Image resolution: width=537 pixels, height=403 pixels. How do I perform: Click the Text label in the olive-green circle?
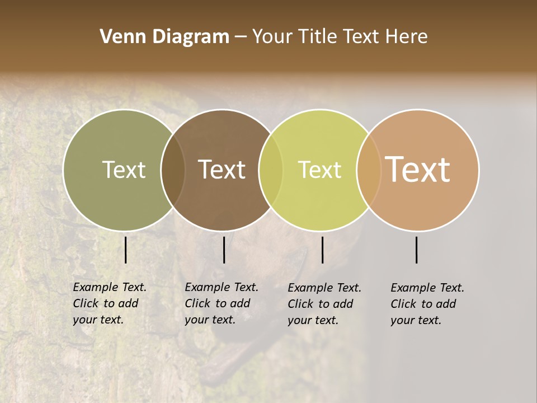[x=124, y=170]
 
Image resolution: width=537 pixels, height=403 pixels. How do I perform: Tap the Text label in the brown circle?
[x=222, y=170]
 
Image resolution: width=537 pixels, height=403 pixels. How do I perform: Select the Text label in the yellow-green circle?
[x=319, y=170]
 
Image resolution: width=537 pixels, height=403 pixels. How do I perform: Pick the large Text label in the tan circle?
[x=418, y=169]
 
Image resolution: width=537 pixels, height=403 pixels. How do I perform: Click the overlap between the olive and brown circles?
[x=173, y=170]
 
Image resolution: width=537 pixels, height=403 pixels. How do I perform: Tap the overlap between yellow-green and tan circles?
[x=369, y=170]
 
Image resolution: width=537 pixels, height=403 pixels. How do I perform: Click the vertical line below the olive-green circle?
[x=126, y=250]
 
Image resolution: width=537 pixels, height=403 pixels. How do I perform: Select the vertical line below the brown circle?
[x=224, y=250]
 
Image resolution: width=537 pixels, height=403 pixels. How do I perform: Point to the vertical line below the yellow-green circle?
[x=322, y=250]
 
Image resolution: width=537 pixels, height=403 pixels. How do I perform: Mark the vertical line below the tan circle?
[x=417, y=250]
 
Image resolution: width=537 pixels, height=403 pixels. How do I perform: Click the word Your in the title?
[x=272, y=37]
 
